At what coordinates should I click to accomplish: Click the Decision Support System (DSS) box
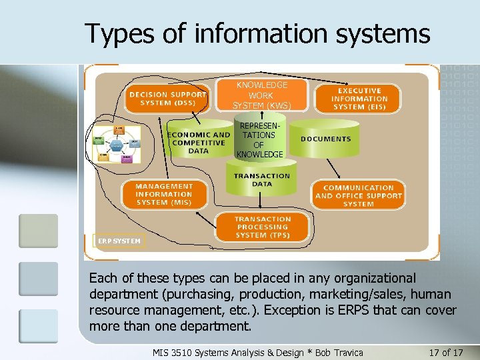[167, 99]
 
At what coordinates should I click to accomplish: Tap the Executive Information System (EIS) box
[359, 99]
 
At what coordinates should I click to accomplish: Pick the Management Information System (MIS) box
[164, 194]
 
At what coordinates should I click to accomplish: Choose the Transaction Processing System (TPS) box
[263, 227]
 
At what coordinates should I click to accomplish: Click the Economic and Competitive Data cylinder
[197, 142]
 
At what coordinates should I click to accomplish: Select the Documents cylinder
[325, 139]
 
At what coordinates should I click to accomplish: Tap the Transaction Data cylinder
[262, 179]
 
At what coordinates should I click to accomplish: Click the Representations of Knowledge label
[259, 140]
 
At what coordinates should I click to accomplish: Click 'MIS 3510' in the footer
[172, 351]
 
